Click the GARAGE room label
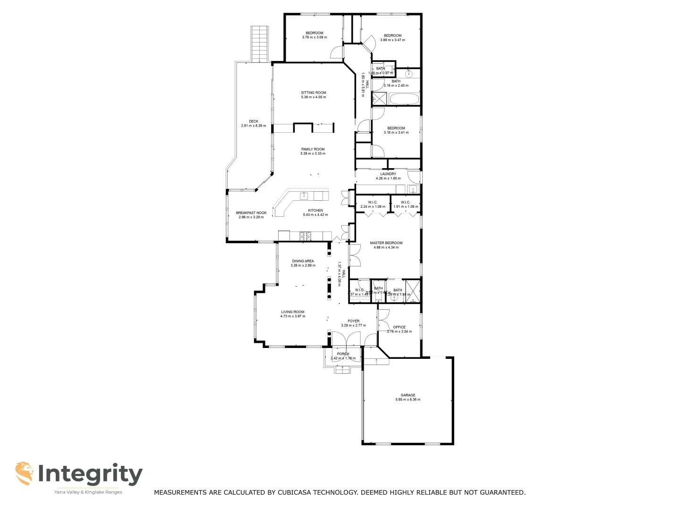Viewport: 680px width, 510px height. [x=408, y=395]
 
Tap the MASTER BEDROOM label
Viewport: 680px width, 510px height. [x=386, y=243]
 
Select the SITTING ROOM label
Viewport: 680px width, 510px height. [x=314, y=93]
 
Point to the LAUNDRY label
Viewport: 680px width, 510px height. [x=388, y=174]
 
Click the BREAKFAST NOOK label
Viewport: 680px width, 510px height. [x=251, y=213]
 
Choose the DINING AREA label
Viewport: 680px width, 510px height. [x=303, y=261]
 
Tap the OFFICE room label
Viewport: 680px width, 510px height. [x=399, y=327]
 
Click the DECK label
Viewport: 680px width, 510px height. [x=254, y=121]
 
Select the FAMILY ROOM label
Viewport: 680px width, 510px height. [x=313, y=149]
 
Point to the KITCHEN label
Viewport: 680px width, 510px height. [x=315, y=211]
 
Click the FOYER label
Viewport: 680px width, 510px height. [x=353, y=321]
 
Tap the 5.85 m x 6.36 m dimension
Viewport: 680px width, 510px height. [x=408, y=400]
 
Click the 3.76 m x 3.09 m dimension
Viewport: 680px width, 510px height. [x=314, y=37]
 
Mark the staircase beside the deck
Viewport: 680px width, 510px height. [x=259, y=44]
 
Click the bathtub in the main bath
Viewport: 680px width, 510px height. [x=403, y=99]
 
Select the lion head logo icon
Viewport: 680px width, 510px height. [x=24, y=473]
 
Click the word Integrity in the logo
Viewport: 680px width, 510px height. [x=90, y=474]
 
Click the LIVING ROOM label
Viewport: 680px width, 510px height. [x=292, y=312]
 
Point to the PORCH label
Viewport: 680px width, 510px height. [x=343, y=354]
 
